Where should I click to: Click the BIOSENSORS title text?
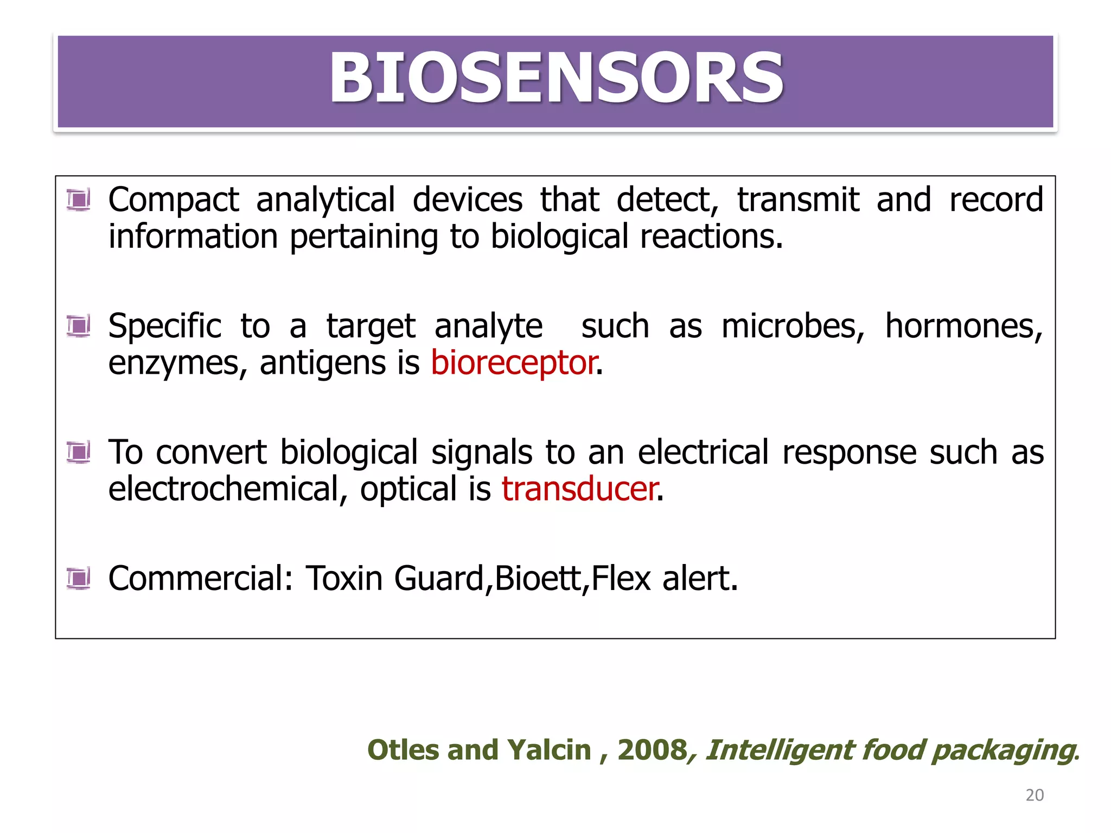coord(556,79)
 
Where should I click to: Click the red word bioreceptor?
coord(514,363)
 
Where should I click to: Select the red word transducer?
coord(580,489)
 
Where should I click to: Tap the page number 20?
coord(1035,795)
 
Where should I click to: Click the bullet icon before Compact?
coord(79,200)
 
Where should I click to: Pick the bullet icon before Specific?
coord(79,326)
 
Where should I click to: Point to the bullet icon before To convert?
coord(79,452)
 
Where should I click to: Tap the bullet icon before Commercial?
coord(79,578)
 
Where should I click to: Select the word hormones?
coord(963,326)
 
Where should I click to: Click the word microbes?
coord(793,326)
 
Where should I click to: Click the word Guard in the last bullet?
coord(439,578)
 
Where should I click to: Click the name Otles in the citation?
coord(402,751)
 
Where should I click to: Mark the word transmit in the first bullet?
coord(798,200)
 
